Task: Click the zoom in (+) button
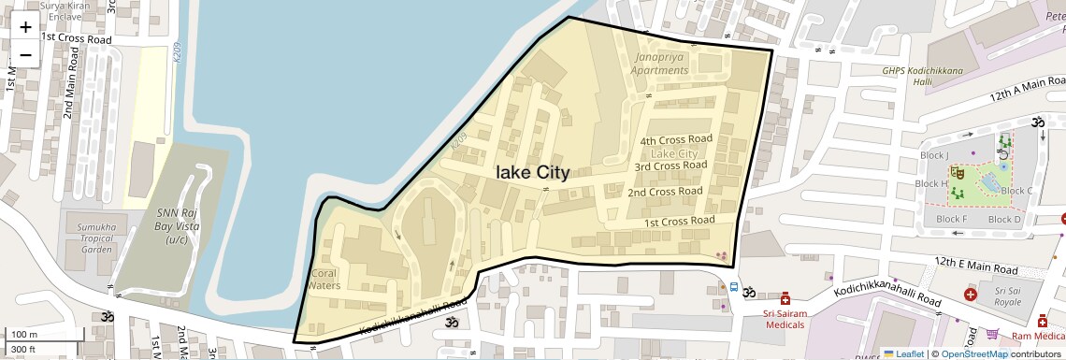click(x=25, y=27)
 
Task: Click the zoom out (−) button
click(x=25, y=54)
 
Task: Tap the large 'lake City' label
click(x=532, y=173)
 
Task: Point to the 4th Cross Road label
click(x=675, y=139)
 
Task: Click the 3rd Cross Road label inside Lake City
click(x=670, y=166)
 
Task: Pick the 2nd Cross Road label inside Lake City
click(x=664, y=192)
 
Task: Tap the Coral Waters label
click(x=324, y=280)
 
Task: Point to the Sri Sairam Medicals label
click(x=784, y=319)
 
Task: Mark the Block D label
click(x=1004, y=220)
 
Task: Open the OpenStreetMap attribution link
click(x=973, y=353)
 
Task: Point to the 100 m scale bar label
click(x=24, y=334)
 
